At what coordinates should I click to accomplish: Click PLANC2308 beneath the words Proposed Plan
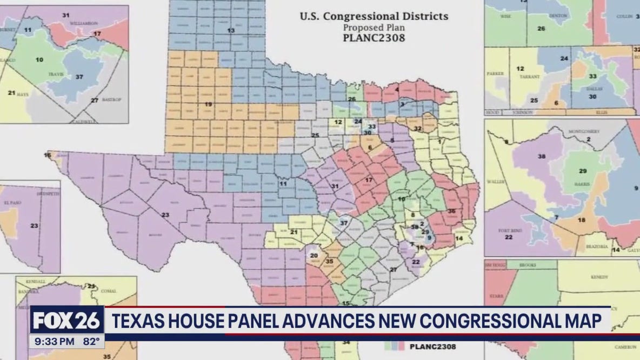pos(374,38)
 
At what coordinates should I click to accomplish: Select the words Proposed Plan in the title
pos(374,26)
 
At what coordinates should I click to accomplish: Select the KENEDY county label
pos(599,276)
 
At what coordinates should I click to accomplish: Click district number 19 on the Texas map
pos(208,103)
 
